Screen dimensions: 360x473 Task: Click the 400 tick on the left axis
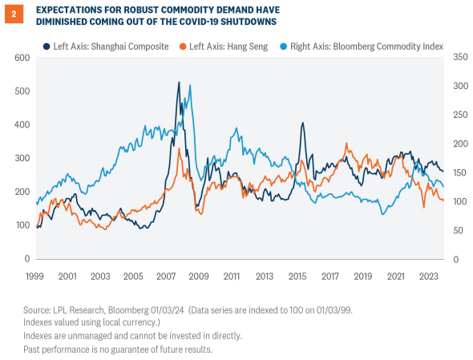[x=21, y=124]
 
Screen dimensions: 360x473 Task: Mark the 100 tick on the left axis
[x=21, y=224]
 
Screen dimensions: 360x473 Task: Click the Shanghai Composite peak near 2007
[x=178, y=83]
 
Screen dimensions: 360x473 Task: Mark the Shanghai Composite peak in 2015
[x=302, y=123]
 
